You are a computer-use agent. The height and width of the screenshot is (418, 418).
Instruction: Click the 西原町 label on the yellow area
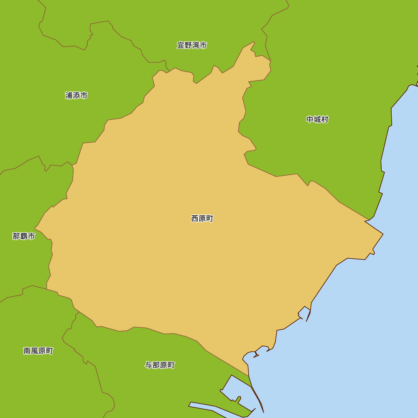click(x=202, y=218)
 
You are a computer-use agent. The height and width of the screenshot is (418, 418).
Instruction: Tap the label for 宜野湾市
click(x=192, y=45)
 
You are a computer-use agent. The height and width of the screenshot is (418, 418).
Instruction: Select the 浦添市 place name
click(x=76, y=95)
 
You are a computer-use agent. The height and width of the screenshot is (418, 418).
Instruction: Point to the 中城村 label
click(x=317, y=120)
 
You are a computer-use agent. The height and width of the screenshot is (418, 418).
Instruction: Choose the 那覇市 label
click(x=24, y=236)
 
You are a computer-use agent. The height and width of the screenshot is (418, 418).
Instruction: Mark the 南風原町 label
click(x=38, y=351)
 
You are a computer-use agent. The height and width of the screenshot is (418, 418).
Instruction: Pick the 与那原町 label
click(x=160, y=365)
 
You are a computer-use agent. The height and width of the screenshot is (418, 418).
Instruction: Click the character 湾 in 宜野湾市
click(x=196, y=45)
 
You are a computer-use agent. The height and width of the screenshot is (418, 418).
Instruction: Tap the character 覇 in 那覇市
click(x=24, y=236)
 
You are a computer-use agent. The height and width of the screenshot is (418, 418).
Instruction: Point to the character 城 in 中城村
click(x=317, y=120)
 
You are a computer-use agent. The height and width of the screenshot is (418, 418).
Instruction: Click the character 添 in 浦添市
click(x=76, y=95)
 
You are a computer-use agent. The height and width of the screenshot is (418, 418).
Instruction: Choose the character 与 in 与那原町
click(x=148, y=365)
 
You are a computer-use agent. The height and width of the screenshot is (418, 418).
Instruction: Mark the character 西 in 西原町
click(x=195, y=218)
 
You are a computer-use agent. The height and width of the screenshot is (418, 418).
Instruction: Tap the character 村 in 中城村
click(x=325, y=120)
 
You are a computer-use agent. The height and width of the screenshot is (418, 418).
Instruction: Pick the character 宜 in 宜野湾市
click(x=181, y=45)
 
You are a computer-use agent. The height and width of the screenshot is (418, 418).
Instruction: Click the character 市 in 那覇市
click(x=31, y=236)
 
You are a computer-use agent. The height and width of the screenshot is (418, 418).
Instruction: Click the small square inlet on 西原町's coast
click(x=304, y=313)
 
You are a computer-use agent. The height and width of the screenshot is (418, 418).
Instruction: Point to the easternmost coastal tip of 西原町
click(x=382, y=234)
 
